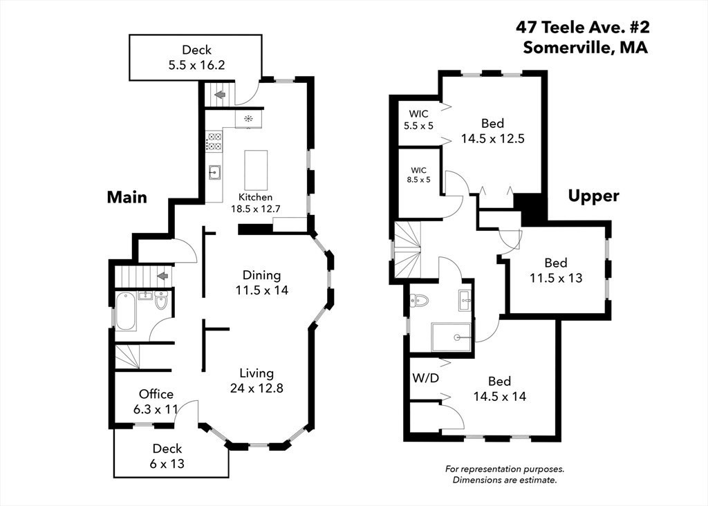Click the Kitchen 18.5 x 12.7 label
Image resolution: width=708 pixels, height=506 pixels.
(256, 203)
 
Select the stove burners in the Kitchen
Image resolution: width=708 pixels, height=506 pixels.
(214, 142)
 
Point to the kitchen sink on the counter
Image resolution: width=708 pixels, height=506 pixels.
(215, 171)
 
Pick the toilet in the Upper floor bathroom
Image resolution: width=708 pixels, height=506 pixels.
(420, 300)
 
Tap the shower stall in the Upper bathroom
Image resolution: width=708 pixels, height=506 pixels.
(452, 337)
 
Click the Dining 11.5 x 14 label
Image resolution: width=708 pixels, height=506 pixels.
(261, 282)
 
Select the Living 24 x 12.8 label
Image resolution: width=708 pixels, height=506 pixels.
(257, 380)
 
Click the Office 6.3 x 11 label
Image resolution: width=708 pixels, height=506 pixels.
(156, 401)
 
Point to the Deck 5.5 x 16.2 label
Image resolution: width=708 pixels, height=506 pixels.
(196, 57)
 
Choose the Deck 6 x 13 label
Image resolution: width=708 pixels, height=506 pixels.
(168, 456)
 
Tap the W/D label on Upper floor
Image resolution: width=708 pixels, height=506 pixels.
(425, 378)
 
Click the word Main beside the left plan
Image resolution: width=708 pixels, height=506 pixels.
(127, 197)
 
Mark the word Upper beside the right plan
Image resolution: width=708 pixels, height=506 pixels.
(593, 196)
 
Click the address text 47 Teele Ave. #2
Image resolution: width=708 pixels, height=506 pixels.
(582, 27)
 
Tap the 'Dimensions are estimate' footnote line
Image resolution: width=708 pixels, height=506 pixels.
(504, 480)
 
